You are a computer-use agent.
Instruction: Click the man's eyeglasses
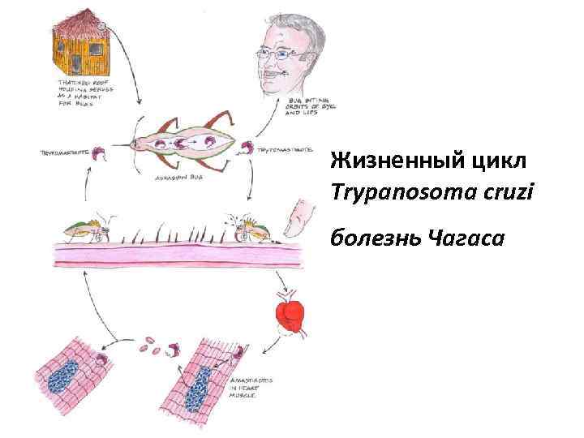283,55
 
